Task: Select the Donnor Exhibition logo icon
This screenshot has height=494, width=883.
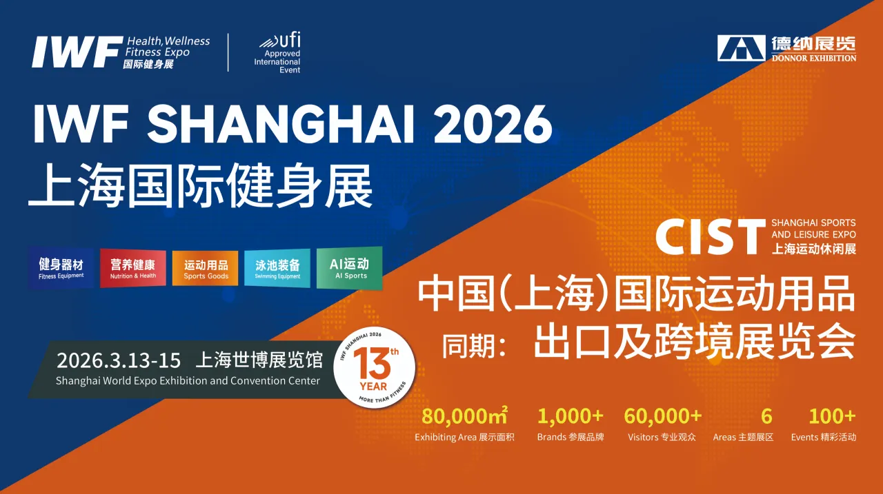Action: point(742,48)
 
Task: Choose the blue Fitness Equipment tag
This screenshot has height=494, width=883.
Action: point(61,268)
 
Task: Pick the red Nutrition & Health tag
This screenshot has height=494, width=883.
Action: point(133,268)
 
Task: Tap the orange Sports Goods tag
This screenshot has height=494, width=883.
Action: point(206,268)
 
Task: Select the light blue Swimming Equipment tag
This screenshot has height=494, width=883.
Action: point(277,268)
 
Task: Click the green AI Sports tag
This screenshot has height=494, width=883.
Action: point(350,267)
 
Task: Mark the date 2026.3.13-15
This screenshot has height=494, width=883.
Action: point(119,360)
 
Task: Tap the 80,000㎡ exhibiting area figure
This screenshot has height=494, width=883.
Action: point(464,416)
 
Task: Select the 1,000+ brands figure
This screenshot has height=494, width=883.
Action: point(571,416)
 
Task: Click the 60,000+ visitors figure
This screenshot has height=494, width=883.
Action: point(662,416)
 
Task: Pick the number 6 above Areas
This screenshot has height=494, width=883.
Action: point(766,416)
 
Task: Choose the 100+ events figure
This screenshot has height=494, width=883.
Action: point(832,416)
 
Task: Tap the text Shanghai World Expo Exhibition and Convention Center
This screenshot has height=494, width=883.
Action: point(188,381)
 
